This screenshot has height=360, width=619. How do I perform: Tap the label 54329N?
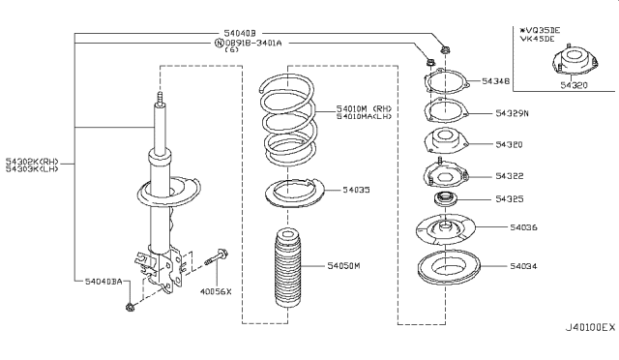[514, 114]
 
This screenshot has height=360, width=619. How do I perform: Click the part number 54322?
[511, 176]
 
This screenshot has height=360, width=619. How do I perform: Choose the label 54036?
[511, 227]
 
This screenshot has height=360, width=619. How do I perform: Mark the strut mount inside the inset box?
[566, 69]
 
